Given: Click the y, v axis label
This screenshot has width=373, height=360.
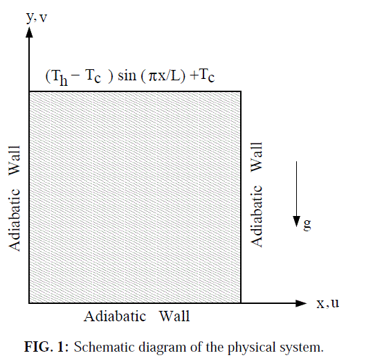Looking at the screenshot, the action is click(x=37, y=18).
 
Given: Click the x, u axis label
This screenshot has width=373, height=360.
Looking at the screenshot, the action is click(x=327, y=303).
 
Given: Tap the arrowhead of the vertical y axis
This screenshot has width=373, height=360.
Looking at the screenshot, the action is click(x=29, y=32).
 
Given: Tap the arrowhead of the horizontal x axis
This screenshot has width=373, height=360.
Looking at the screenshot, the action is click(x=301, y=303).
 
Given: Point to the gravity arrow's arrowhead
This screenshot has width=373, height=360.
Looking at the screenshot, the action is click(x=296, y=222).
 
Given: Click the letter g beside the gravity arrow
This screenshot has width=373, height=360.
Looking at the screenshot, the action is click(x=307, y=225).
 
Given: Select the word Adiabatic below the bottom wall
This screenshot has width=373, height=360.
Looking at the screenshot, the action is click(x=115, y=316).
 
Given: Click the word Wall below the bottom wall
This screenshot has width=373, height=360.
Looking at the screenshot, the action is click(x=174, y=316).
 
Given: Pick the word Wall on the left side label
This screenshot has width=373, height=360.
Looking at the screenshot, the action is click(x=15, y=161).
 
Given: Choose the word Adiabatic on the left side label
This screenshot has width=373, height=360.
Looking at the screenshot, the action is click(x=15, y=220).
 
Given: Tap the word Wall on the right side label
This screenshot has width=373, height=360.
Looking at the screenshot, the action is click(x=257, y=157).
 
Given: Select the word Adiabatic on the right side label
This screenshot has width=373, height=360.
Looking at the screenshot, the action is click(x=257, y=216).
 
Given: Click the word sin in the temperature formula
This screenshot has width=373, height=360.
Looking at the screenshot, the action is click(x=127, y=75).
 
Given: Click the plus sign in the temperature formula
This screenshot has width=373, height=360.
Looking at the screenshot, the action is click(x=194, y=75).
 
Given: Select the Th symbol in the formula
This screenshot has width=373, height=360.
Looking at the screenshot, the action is click(x=59, y=77).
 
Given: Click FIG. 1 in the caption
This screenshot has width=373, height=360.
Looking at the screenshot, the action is click(x=44, y=347).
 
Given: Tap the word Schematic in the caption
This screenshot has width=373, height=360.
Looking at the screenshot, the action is click(x=104, y=347).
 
